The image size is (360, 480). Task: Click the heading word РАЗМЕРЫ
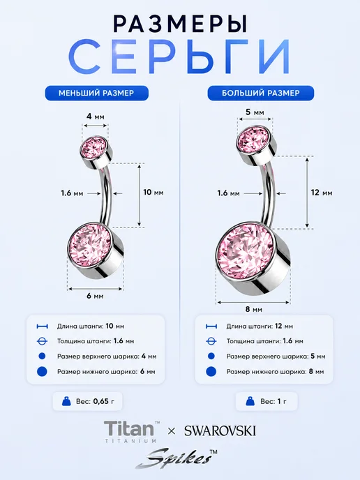point(180,24)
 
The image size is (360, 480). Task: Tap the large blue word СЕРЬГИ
point(179,57)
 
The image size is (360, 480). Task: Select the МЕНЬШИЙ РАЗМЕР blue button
point(96,93)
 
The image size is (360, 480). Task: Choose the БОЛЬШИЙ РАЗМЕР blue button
point(261,93)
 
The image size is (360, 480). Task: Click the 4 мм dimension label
point(95,117)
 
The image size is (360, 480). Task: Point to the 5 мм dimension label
point(255,112)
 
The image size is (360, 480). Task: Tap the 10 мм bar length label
point(153,193)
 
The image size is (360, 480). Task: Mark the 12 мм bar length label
point(322,193)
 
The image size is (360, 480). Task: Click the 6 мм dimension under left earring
point(95,296)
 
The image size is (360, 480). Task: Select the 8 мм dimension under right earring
point(254,309)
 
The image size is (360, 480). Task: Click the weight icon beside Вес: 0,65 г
point(66,401)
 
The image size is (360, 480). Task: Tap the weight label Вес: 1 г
point(273,401)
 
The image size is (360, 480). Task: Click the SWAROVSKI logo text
point(220,431)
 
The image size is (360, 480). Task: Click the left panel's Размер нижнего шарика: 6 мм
point(106,372)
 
